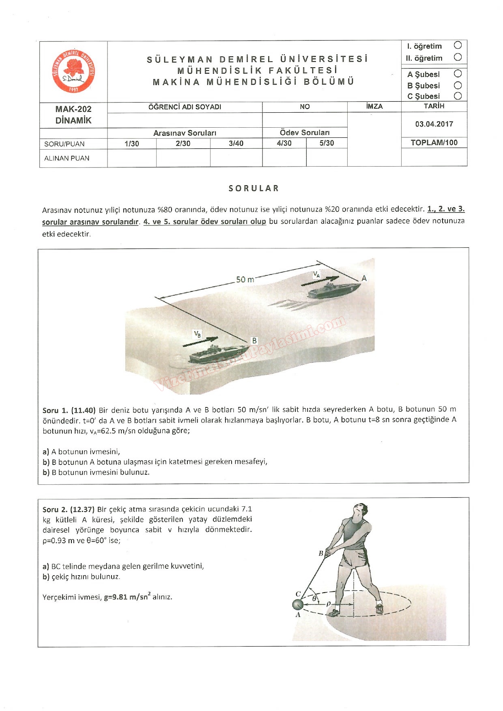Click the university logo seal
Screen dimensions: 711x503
click(73, 72)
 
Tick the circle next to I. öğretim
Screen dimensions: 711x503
click(458, 45)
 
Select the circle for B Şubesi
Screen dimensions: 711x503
click(458, 86)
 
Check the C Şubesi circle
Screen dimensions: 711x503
click(458, 96)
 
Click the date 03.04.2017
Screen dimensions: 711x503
click(434, 124)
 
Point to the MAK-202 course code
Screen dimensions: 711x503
click(73, 109)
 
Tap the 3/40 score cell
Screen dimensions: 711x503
click(236, 143)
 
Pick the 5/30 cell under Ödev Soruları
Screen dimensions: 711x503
click(327, 143)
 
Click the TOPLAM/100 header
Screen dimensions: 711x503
click(434, 143)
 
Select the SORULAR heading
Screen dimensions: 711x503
click(254, 188)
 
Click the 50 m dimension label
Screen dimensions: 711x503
click(245, 280)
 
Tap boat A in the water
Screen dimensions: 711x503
click(333, 290)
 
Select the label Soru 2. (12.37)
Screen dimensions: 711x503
click(69, 509)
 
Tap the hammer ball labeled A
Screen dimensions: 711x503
click(298, 605)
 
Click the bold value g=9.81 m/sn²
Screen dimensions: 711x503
click(127, 597)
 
